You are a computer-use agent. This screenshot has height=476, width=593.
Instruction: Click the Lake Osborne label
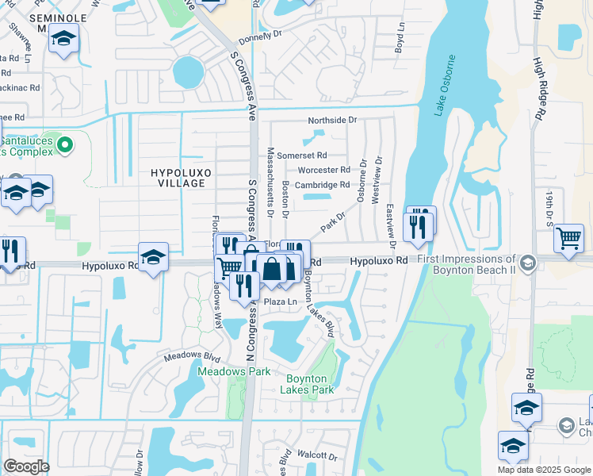pyautogui.click(x=446, y=86)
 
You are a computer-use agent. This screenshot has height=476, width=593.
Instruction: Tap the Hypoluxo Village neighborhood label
pyautogui.click(x=178, y=177)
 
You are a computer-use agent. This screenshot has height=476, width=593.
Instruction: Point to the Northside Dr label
pyautogui.click(x=333, y=120)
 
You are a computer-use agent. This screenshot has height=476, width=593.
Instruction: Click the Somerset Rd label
pyautogui.click(x=301, y=155)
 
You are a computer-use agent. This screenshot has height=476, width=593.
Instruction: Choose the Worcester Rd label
pyautogui.click(x=323, y=170)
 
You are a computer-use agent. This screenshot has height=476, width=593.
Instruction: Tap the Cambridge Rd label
pyautogui.click(x=323, y=185)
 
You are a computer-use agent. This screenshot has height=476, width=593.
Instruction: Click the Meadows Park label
pyautogui.click(x=234, y=371)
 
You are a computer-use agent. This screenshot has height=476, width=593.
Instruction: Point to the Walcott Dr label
pyautogui.click(x=316, y=457)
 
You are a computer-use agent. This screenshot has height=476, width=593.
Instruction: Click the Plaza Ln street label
pyautogui.click(x=280, y=302)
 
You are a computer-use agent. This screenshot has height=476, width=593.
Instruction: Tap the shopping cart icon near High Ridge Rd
pyautogui.click(x=569, y=238)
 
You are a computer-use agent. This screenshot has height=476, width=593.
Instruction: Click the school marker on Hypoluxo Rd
pyautogui.click(x=153, y=256)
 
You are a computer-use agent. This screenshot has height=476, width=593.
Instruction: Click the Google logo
pyautogui.click(x=26, y=466)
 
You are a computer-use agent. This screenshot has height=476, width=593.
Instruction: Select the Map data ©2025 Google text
pyautogui.click(x=544, y=470)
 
